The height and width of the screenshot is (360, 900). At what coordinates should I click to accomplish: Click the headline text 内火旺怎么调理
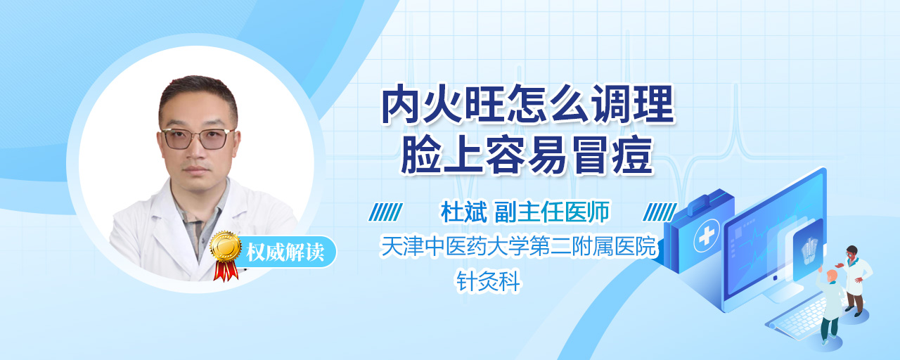[x=528, y=105]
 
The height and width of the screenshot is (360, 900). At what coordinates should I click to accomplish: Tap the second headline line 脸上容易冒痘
[x=527, y=155]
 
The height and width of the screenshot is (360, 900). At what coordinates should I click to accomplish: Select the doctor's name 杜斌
[x=463, y=212]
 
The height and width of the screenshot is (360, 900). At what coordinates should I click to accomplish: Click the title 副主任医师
[x=552, y=212]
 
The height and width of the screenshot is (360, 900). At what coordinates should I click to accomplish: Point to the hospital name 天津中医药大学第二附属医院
[x=518, y=246]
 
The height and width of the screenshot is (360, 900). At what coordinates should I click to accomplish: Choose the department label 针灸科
[x=488, y=281]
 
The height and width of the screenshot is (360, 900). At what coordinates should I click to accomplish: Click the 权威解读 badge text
[x=285, y=252]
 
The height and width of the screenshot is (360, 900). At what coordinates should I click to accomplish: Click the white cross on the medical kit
[x=707, y=236]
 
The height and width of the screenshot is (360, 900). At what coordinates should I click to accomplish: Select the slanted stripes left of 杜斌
[x=386, y=212]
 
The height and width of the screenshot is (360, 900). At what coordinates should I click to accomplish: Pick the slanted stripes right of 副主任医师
[x=660, y=212]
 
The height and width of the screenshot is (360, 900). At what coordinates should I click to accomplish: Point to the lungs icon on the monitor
[x=809, y=250]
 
